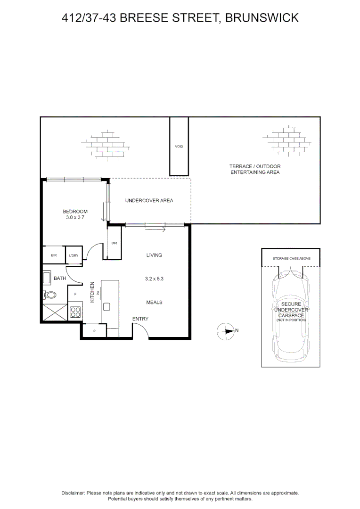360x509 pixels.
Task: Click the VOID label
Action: coord(179,147)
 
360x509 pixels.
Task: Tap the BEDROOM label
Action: coord(75,211)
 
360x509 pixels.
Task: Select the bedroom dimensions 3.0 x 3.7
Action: coord(75,217)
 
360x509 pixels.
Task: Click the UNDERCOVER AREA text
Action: coord(149,201)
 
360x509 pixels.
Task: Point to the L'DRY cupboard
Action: coord(74,254)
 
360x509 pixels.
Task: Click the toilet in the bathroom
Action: coord(49,295)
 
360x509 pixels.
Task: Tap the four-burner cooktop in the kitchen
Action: coord(75,312)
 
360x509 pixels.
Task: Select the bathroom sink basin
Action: coord(47,278)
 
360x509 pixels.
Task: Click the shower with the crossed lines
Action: coord(55,312)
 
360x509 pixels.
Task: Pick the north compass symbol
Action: coord(225,331)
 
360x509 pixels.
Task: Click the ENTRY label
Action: coord(140,319)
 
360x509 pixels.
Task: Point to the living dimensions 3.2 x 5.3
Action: coord(154,279)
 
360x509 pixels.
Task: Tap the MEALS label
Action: coord(154,302)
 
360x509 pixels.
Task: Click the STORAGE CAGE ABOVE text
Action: coord(291,259)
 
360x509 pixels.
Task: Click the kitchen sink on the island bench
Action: coord(107,307)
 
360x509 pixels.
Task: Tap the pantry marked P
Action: coord(94,331)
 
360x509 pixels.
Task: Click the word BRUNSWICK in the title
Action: coord(262,17)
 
